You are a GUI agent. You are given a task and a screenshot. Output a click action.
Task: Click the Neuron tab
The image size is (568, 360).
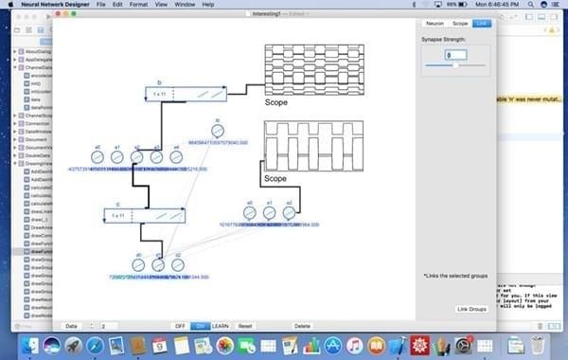pos(435,22)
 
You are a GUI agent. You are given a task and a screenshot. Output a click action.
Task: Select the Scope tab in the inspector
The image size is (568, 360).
pos(459,22)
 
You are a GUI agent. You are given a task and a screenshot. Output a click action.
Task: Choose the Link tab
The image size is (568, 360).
pos(483,22)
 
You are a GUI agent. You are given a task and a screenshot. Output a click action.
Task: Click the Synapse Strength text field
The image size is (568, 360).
pos(455,55)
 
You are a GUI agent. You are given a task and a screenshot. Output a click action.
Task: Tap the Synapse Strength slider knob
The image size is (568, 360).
pos(455,65)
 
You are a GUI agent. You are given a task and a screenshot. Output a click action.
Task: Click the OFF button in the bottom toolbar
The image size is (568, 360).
pos(179,326)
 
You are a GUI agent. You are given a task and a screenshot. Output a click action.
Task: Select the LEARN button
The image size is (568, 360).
pos(220,326)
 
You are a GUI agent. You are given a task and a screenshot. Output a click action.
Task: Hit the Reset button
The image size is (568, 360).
pos(245,326)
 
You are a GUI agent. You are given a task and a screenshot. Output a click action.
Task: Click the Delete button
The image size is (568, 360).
pos(302,326)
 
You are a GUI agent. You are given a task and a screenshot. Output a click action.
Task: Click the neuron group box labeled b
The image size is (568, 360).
pos(186,94)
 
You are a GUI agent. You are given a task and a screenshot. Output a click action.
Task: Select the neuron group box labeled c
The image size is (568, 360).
pos(144,216)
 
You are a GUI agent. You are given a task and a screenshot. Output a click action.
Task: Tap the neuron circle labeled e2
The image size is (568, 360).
pos(289,213)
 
